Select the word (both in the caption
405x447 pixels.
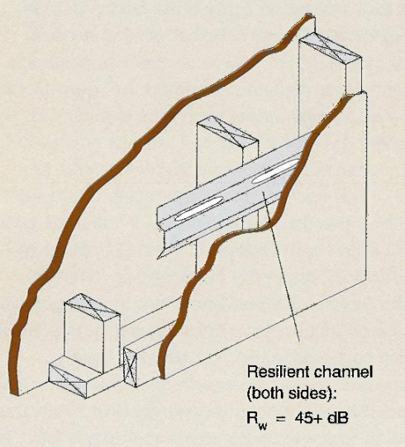click(x=265, y=393)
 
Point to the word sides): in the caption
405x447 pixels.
click(x=312, y=393)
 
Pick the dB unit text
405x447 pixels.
click(x=338, y=418)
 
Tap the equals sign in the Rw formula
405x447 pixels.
click(x=281, y=418)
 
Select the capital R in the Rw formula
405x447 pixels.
click(x=252, y=418)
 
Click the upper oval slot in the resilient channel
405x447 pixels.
click(x=275, y=171)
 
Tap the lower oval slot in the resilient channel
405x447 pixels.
click(x=198, y=210)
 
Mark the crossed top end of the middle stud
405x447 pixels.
click(x=227, y=131)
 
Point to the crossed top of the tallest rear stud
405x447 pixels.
click(x=331, y=46)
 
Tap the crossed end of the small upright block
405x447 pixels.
click(x=130, y=367)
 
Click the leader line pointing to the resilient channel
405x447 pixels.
click(x=281, y=267)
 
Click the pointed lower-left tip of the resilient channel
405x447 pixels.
click(x=158, y=259)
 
